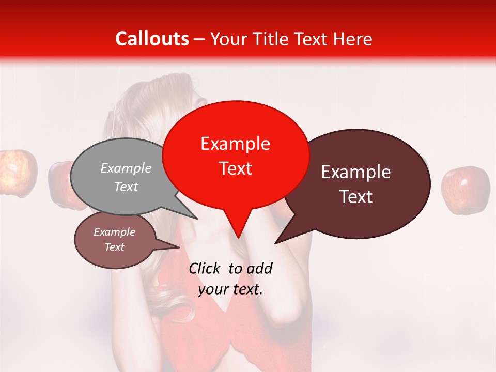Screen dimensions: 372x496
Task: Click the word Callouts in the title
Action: pyautogui.click(x=152, y=39)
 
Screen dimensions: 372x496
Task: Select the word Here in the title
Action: pyautogui.click(x=353, y=39)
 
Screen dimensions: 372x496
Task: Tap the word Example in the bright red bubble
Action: pyautogui.click(x=235, y=144)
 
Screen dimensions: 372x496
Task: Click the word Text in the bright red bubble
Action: pyautogui.click(x=235, y=168)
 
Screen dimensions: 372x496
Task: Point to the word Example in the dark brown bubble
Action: pyautogui.click(x=356, y=172)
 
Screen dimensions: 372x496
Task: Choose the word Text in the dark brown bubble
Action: pyautogui.click(x=356, y=197)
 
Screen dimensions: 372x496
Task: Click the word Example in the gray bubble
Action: pyautogui.click(x=126, y=168)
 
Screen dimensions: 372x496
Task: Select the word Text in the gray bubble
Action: pyautogui.click(x=126, y=187)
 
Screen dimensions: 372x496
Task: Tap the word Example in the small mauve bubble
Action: pyautogui.click(x=114, y=232)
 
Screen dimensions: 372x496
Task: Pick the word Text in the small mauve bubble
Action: pyautogui.click(x=114, y=247)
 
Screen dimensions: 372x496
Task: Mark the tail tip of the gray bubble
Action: pyautogui.click(x=196, y=218)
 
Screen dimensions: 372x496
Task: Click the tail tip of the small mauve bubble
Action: pyautogui.click(x=179, y=247)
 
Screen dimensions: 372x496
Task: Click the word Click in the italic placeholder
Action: pyautogui.click(x=205, y=269)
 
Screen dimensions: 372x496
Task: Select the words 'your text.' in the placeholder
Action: pyautogui.click(x=230, y=290)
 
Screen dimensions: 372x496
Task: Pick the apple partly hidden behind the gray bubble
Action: pyautogui.click(x=61, y=183)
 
